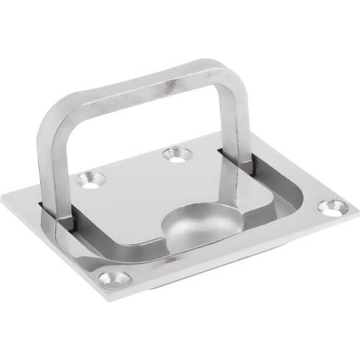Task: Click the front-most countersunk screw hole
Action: click(x=115, y=278)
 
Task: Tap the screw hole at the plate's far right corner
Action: click(x=333, y=208)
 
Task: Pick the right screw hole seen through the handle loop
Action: click(x=175, y=154)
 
